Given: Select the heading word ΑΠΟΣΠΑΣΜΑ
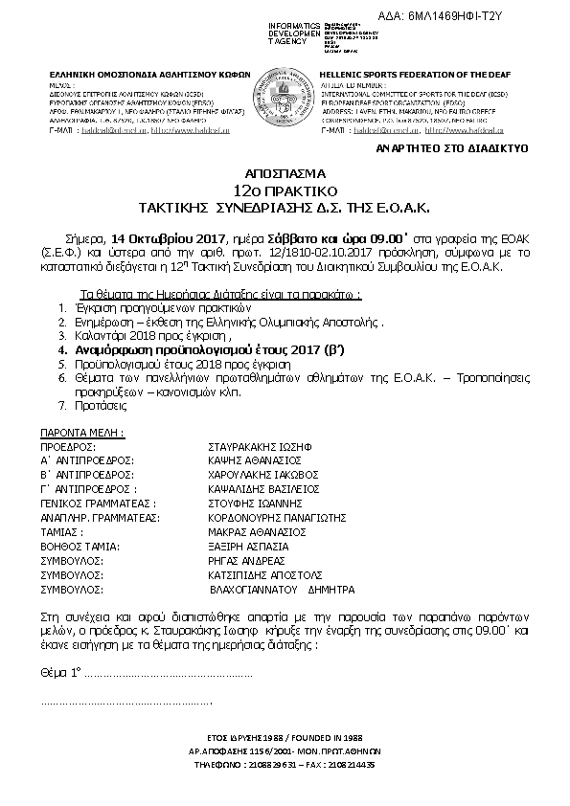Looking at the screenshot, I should point(285,176).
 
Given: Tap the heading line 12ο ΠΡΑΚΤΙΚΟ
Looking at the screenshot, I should point(285,191).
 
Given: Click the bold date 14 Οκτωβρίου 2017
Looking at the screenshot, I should point(166,236).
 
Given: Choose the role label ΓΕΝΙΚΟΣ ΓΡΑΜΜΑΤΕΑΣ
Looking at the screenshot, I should point(96,502).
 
